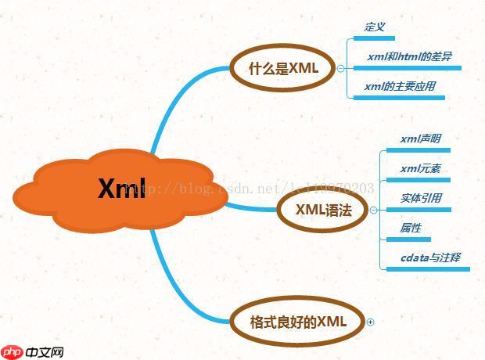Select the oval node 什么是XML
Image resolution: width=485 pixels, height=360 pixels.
[283, 68]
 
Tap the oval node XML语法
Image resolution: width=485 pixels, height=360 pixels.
[322, 210]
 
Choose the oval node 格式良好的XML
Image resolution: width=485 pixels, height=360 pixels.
[297, 322]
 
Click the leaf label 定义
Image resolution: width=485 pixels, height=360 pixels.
[375, 27]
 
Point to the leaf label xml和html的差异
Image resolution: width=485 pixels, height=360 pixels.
[409, 57]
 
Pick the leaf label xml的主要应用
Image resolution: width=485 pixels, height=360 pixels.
[400, 86]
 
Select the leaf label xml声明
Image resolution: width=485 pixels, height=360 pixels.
[420, 139]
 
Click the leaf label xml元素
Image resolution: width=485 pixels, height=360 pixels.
[420, 168]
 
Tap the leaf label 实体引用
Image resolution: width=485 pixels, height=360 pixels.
[420, 198]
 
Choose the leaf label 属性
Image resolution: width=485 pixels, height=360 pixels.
[411, 228]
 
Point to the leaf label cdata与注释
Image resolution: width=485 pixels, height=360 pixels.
[430, 257]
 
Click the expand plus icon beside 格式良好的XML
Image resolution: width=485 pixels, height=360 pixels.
[371, 322]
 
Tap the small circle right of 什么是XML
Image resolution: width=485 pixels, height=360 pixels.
[340, 68]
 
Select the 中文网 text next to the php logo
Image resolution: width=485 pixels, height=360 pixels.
[44, 352]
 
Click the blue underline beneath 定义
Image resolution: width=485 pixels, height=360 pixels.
[379, 37]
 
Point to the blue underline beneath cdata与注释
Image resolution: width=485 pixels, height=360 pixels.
[429, 268]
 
